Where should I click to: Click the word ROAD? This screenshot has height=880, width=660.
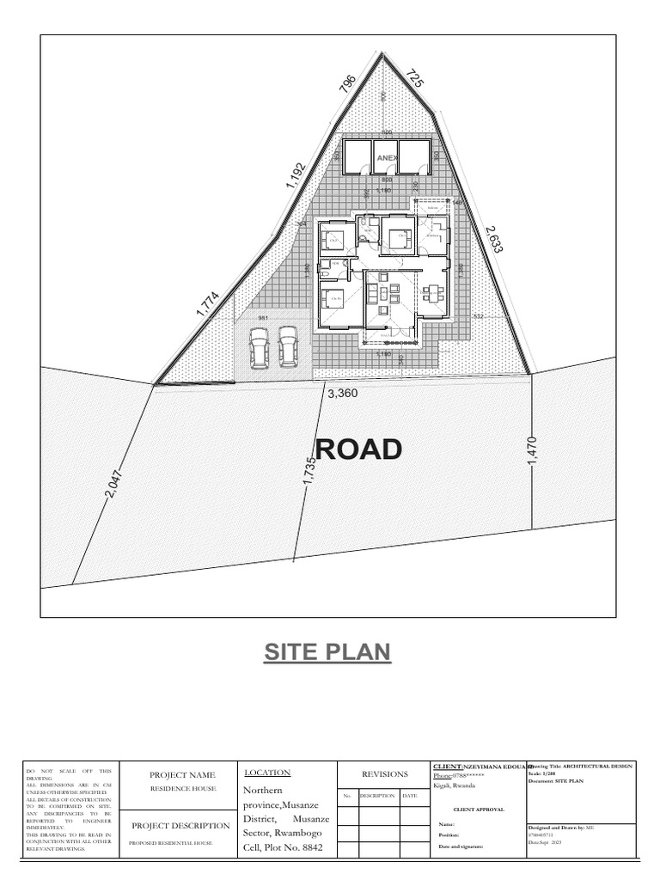click(358, 449)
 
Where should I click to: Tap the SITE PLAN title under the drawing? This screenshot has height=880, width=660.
click(327, 652)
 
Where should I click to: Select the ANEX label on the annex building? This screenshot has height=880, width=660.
click(389, 158)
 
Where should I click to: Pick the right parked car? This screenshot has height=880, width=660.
click(288, 346)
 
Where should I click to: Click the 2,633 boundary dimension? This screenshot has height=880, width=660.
click(494, 239)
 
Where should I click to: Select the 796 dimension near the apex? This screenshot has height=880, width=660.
click(348, 84)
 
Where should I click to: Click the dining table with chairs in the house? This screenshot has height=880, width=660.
click(431, 293)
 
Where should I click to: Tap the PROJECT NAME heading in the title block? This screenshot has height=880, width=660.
click(181, 774)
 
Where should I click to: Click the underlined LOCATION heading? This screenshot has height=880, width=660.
click(267, 773)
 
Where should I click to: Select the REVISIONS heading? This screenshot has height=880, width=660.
click(384, 773)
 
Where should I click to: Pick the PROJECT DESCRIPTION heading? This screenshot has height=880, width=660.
click(180, 826)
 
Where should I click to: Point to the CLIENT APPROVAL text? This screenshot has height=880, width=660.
click(479, 810)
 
